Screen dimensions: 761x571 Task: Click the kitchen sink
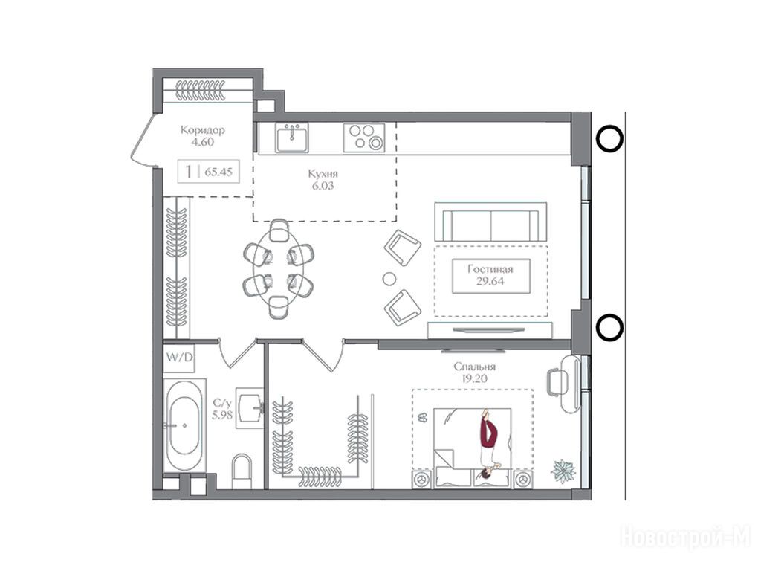(291, 138)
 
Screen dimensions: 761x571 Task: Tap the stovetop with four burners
(364, 138)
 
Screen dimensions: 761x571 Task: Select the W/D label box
(179, 358)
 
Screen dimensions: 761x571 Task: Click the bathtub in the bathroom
(184, 425)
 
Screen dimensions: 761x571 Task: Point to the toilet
(242, 471)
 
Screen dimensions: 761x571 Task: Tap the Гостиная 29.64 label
(490, 275)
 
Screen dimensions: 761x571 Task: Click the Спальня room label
(475, 367)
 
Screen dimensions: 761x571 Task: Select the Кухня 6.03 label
(323, 180)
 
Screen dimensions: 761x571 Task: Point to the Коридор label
(202, 129)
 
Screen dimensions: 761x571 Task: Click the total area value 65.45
(218, 172)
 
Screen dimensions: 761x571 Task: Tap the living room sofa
(490, 222)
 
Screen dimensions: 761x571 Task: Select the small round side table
(389, 279)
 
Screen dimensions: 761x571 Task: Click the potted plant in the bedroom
(563, 471)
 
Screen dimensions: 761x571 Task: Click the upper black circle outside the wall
(609, 139)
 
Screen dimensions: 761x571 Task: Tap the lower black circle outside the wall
(609, 328)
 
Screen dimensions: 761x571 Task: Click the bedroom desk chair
(554, 382)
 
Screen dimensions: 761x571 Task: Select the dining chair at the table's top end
(279, 230)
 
